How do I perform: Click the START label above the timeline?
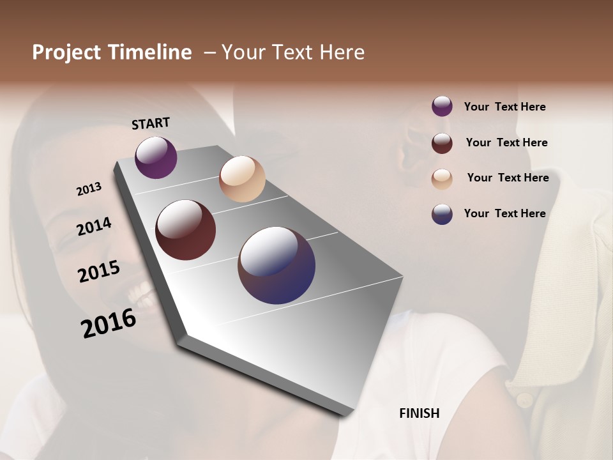click(151, 123)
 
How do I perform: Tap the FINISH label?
click(419, 413)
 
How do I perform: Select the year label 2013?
click(89, 189)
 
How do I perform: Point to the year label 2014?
click(94, 226)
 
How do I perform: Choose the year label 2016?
click(109, 323)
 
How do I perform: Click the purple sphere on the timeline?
click(156, 157)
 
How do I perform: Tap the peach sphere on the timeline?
click(242, 179)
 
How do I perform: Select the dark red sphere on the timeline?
click(185, 230)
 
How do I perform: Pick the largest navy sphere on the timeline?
click(276, 265)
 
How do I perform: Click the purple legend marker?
click(442, 106)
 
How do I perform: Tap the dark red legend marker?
click(442, 142)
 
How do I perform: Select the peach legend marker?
click(442, 178)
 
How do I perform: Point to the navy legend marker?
click(442, 214)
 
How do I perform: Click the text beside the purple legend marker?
click(504, 107)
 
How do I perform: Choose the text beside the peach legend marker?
click(508, 178)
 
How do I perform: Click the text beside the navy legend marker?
click(504, 213)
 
